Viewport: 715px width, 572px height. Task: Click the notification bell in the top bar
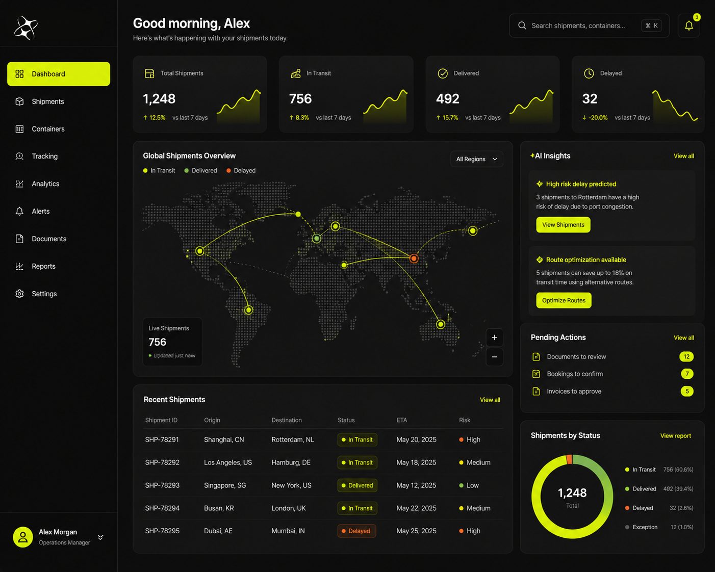(689, 25)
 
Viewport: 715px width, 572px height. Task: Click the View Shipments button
(563, 224)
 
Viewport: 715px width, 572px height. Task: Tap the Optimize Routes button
(564, 300)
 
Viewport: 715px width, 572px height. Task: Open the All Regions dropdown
(476, 159)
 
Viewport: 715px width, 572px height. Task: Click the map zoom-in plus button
(494, 337)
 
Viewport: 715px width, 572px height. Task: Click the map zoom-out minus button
(494, 357)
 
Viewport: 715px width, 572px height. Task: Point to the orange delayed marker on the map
(414, 258)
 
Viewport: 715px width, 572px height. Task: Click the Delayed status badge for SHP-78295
(356, 531)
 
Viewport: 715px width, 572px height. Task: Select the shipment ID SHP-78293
(162, 485)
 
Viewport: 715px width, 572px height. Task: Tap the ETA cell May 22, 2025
(416, 508)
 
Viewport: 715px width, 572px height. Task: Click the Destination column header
(287, 420)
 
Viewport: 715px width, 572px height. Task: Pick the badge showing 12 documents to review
(686, 356)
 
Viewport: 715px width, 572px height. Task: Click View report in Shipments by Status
(675, 435)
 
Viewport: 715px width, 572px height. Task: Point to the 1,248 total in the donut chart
(572, 493)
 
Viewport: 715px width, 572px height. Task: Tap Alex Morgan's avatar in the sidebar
(23, 537)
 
